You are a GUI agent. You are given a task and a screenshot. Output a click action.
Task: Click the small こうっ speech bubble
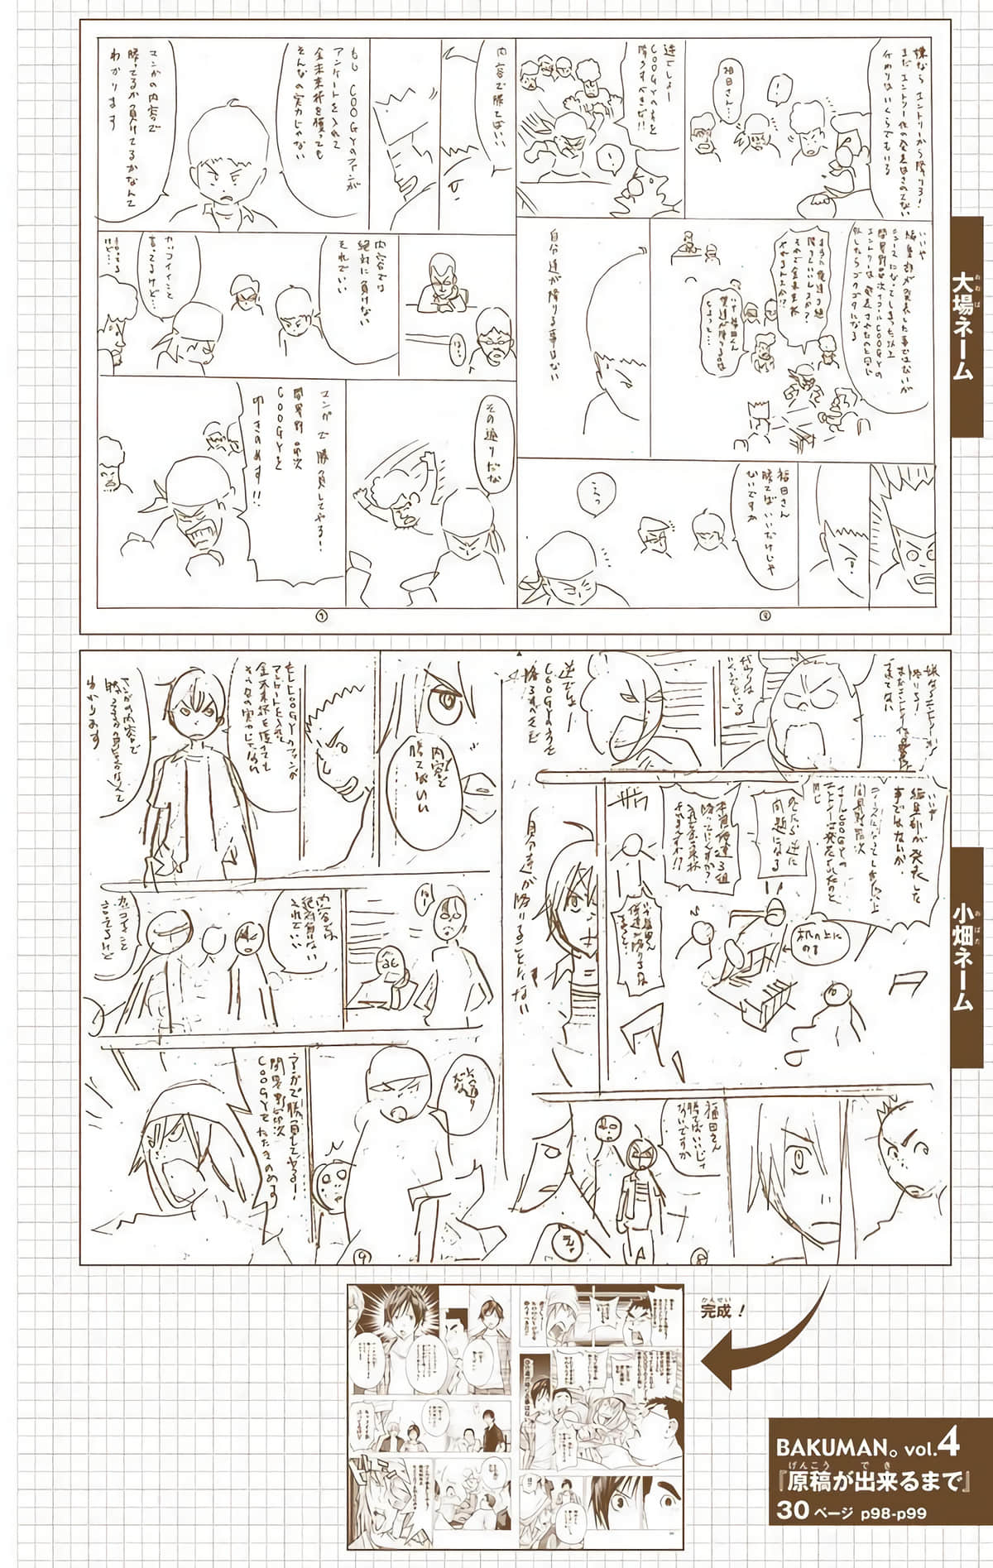click(588, 491)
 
